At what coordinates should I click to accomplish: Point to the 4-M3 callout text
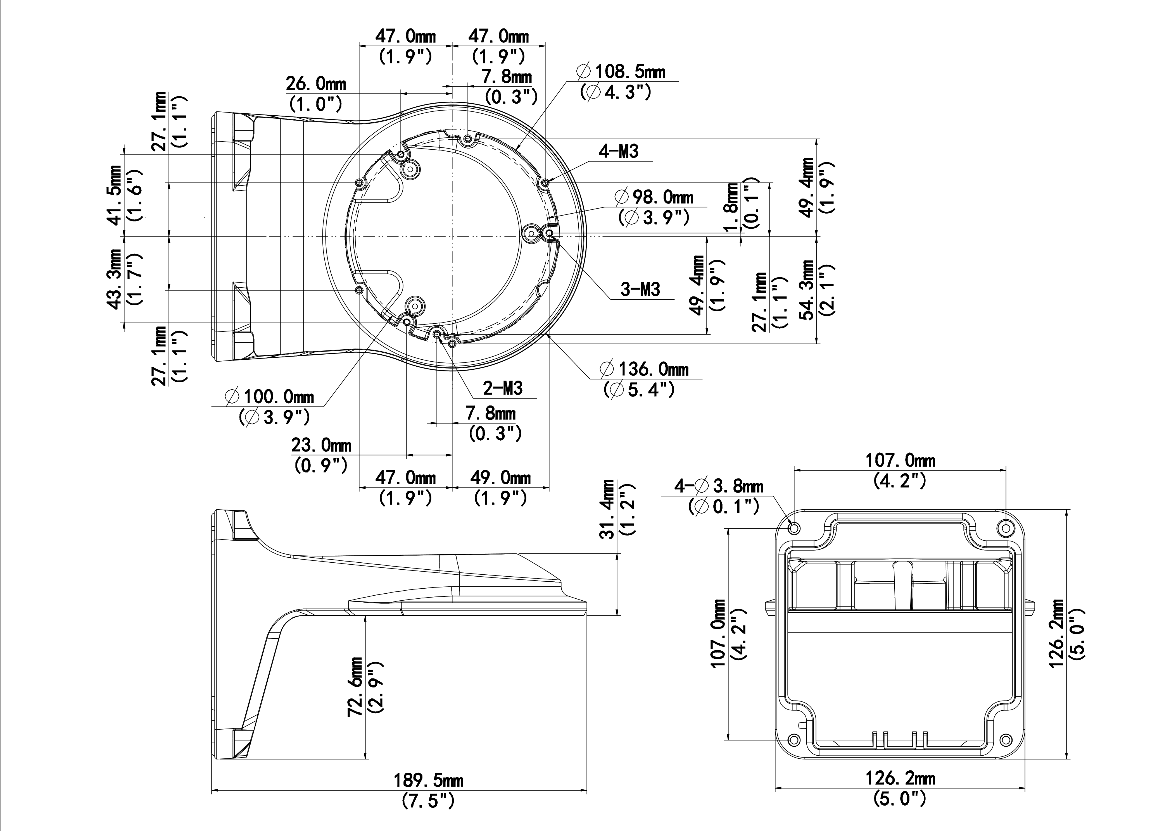click(x=619, y=152)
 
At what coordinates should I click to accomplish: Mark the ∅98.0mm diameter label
click(x=655, y=197)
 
